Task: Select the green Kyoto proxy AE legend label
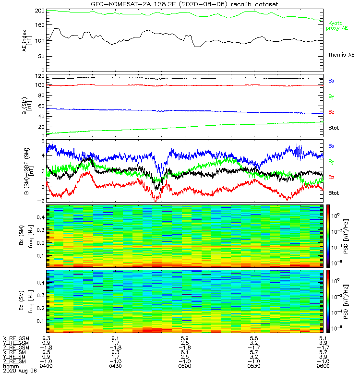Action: click(338, 25)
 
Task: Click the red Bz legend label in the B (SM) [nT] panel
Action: click(331, 112)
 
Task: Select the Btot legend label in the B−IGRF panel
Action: click(334, 192)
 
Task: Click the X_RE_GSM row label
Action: click(16, 338)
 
